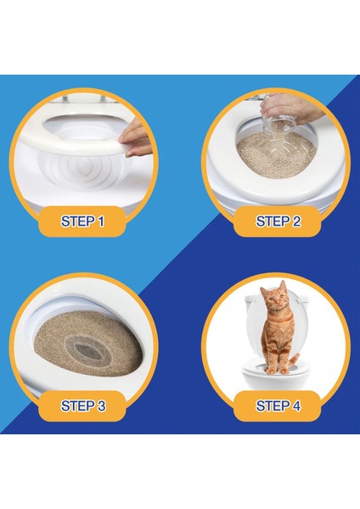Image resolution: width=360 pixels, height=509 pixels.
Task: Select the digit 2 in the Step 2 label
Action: [296, 221]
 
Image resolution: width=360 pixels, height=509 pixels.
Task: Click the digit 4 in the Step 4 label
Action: [296, 406]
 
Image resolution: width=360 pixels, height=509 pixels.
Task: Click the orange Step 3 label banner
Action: [83, 406]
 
